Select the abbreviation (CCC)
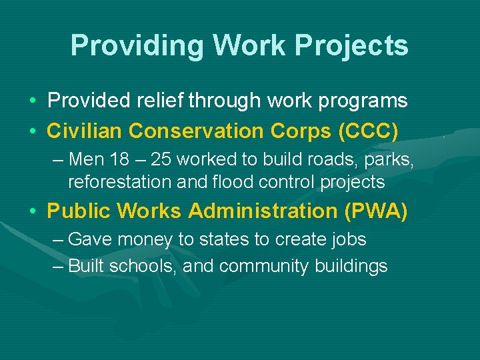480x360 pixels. pos(369,131)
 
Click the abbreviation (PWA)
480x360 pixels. pos(376,211)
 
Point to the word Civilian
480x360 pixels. pos(85,131)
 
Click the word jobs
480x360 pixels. pos(348,239)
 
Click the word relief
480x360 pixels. pos(160,101)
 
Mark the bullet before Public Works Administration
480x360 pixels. pos(32,211)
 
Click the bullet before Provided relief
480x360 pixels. pos(32,101)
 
